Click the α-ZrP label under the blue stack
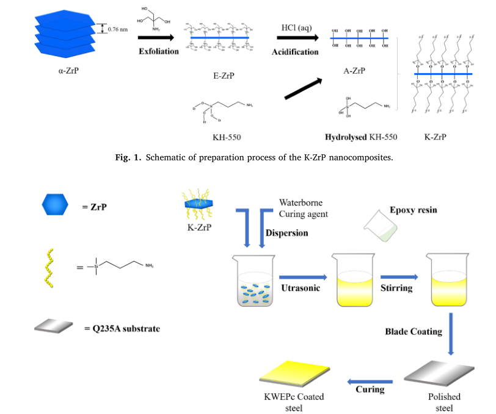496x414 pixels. pos(68,71)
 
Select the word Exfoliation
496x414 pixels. pos(158,51)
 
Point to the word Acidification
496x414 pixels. pos(295,52)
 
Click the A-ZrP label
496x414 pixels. pos(355,71)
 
